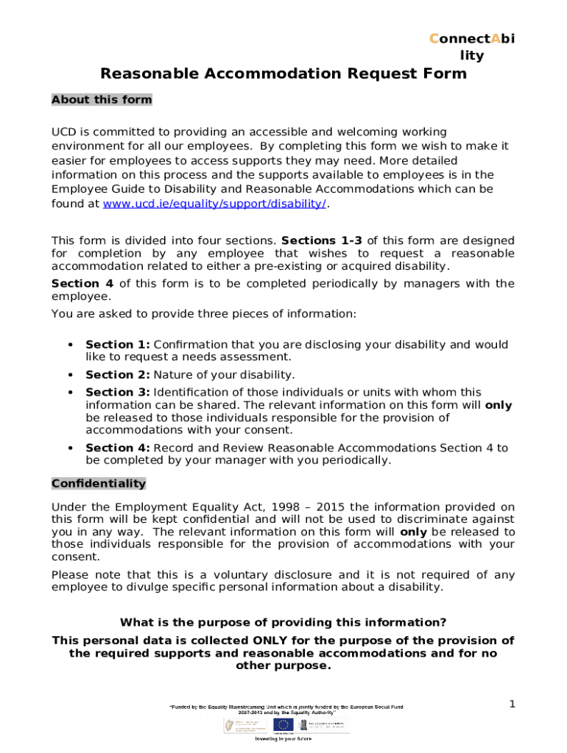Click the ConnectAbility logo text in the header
click(471, 46)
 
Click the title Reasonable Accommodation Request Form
click(283, 74)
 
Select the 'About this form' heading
click(102, 99)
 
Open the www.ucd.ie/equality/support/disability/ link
click(214, 203)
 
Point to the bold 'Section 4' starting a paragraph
click(82, 283)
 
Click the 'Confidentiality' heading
click(99, 483)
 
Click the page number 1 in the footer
click(512, 704)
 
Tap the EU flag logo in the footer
click(283, 725)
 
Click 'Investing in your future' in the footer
click(283, 739)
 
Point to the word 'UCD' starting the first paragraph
click(63, 132)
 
